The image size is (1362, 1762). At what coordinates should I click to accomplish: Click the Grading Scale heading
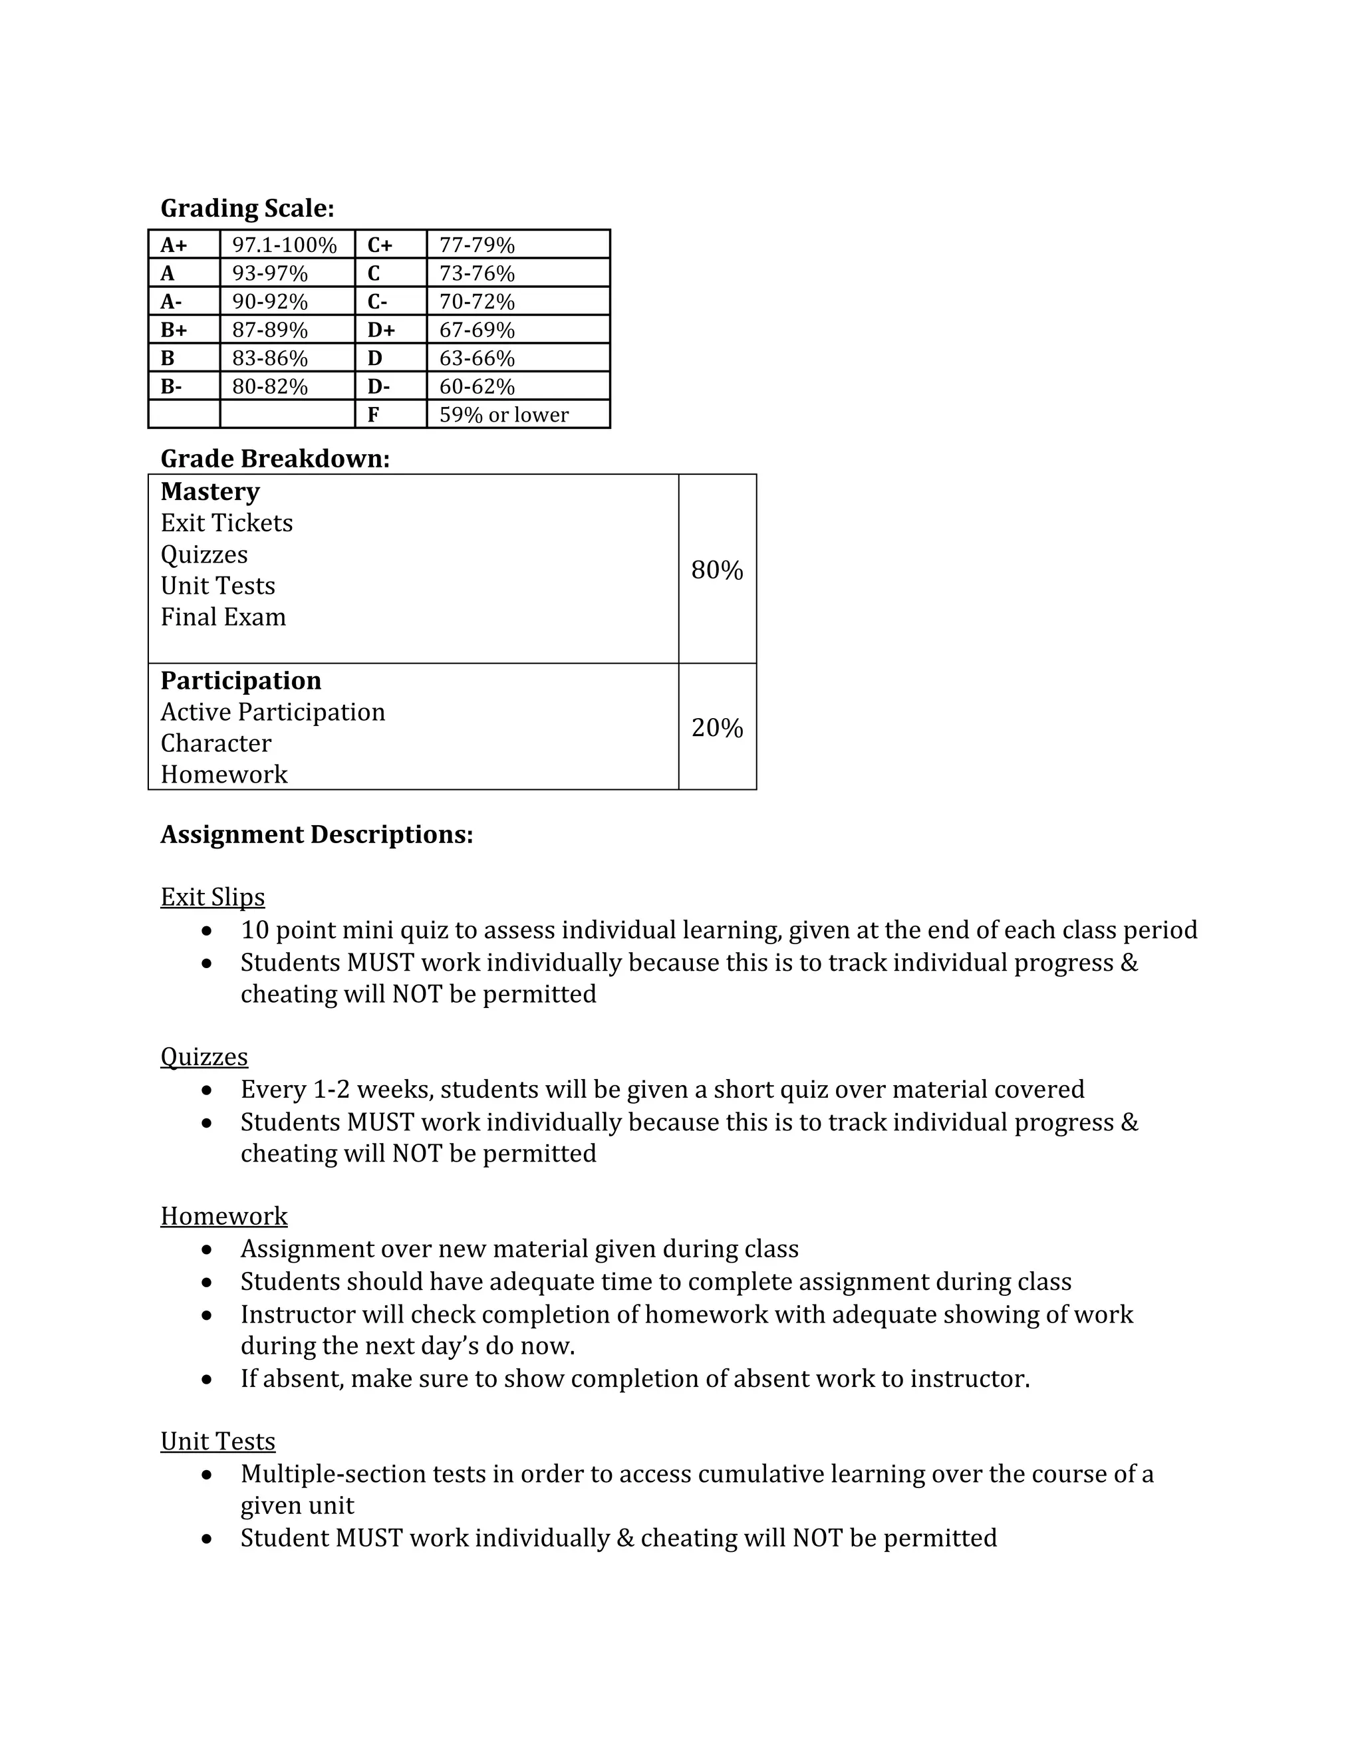coord(247,208)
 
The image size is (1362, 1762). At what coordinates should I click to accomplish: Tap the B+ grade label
coord(174,329)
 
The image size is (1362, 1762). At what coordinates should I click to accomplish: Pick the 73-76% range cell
coord(476,273)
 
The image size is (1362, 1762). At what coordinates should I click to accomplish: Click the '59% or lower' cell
coord(503,415)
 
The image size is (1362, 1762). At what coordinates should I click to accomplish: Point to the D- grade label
coord(378,386)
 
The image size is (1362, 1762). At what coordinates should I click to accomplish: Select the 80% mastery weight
coord(716,570)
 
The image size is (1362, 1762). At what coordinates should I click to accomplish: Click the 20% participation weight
coord(716,727)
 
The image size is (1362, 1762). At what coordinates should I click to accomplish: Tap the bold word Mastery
coord(209,491)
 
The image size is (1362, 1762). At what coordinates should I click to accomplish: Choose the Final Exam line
coord(223,617)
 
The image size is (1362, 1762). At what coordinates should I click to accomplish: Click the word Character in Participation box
coord(215,743)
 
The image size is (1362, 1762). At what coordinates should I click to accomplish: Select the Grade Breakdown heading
coord(275,458)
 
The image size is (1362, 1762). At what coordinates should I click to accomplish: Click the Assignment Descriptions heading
coord(317,834)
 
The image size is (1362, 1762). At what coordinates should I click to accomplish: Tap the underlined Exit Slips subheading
coord(212,897)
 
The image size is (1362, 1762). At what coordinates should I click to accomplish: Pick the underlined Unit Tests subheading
coord(218,1441)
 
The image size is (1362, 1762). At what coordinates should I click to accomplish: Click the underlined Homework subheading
coord(223,1216)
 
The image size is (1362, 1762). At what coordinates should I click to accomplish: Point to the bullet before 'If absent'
coord(207,1380)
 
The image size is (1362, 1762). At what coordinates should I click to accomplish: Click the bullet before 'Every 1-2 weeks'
coord(207,1090)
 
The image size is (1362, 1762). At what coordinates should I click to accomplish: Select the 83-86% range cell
coord(269,358)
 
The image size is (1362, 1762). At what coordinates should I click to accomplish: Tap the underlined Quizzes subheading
coord(204,1057)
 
